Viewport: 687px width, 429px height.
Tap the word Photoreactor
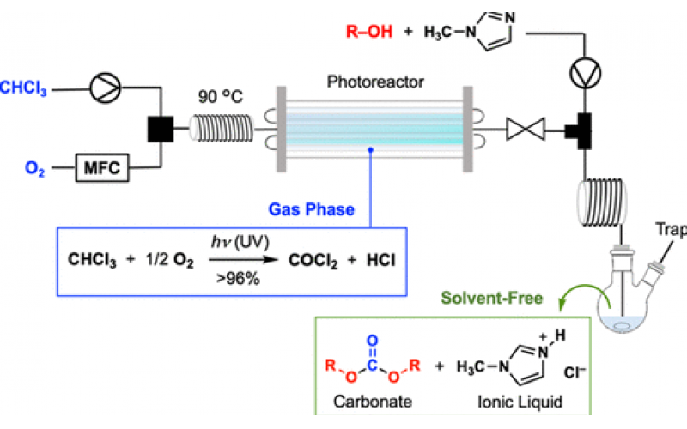pyautogui.click(x=368, y=82)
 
